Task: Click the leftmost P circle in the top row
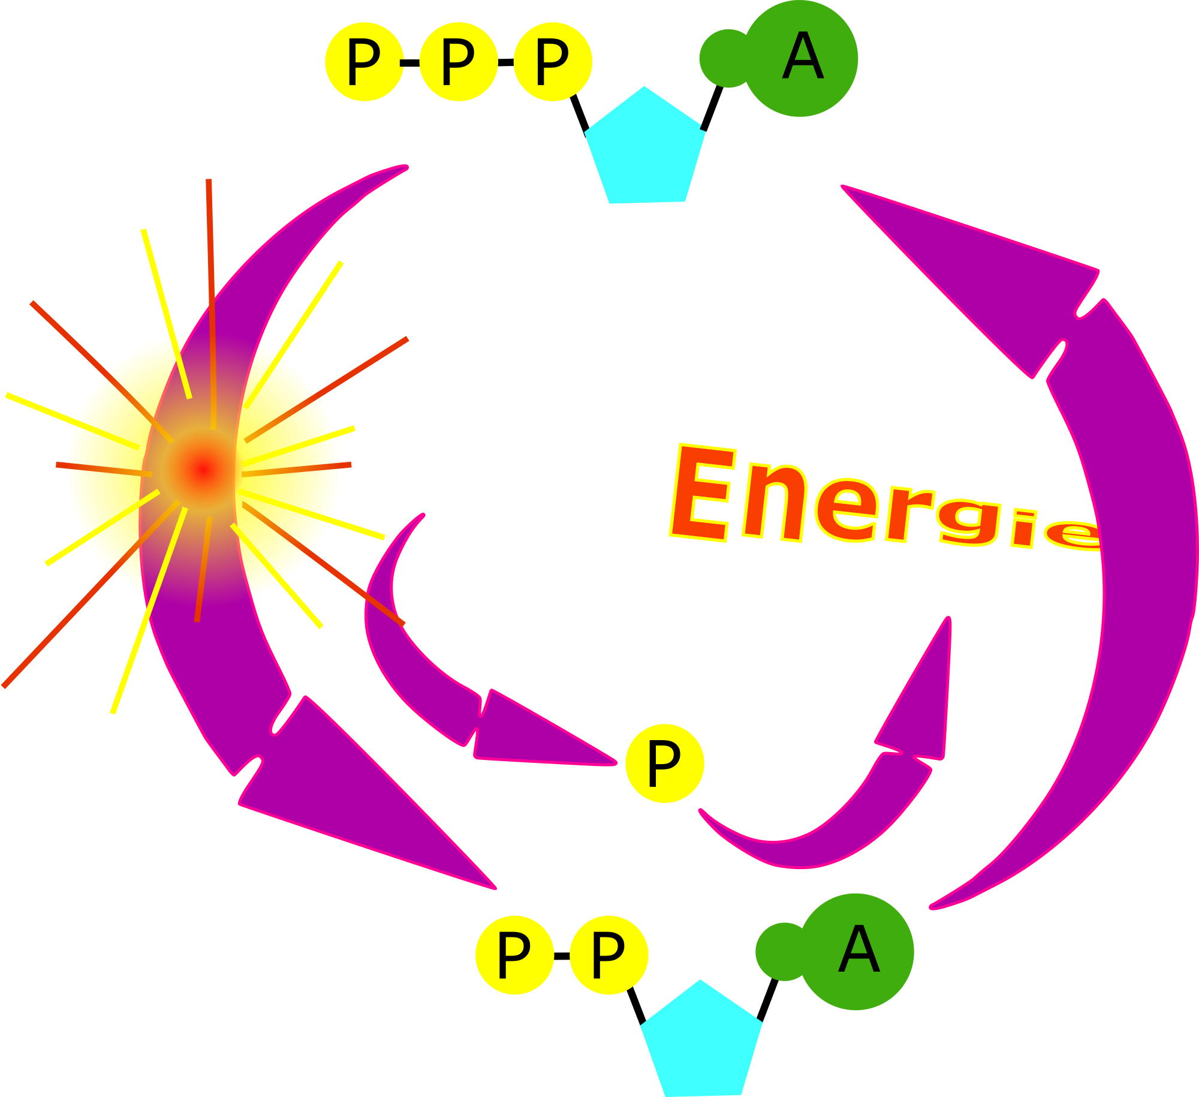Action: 364,62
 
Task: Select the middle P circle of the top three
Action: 459,62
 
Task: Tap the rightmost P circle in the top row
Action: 553,62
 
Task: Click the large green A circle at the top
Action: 801,58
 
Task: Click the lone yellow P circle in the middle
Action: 664,764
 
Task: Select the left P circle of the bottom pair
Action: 514,955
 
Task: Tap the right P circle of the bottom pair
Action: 608,955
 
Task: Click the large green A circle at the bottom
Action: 857,952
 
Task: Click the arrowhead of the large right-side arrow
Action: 983,270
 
